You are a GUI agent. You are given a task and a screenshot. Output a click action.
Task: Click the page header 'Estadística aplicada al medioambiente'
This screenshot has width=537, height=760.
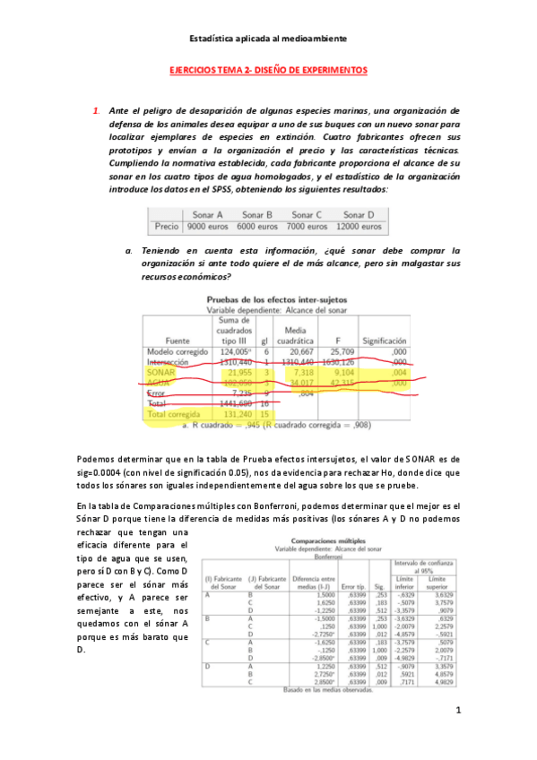pos(269,39)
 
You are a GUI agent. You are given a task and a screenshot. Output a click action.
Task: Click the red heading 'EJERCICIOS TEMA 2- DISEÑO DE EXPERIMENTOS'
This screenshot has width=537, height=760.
pos(268,70)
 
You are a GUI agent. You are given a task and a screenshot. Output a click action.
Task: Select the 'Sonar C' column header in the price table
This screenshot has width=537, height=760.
pos(307,215)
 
